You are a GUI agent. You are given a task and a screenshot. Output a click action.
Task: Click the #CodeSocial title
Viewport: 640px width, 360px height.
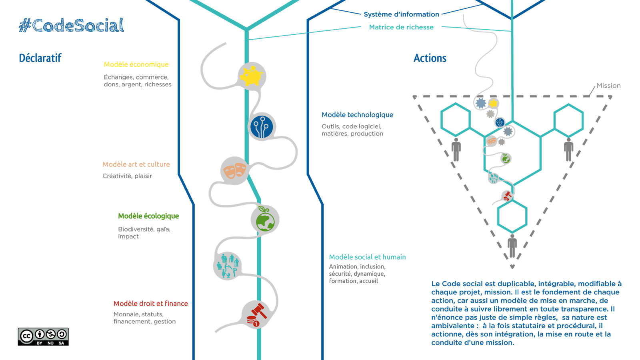[71, 25]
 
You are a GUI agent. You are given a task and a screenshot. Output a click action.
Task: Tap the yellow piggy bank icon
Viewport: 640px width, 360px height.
[252, 76]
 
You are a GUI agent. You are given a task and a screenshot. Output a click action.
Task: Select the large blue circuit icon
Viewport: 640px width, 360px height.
[262, 126]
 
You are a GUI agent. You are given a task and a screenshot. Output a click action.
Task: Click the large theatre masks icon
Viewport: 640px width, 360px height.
[234, 170]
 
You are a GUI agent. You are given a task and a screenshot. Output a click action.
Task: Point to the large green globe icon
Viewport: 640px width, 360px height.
[265, 220]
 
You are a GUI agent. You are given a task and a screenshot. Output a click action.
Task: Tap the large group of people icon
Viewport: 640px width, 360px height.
[228, 266]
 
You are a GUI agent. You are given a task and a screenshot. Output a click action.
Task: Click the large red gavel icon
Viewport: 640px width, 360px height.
[257, 314]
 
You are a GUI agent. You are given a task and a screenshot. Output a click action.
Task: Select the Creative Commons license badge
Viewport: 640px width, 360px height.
[43, 336]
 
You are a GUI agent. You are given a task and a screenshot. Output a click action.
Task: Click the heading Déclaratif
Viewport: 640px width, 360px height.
[40, 58]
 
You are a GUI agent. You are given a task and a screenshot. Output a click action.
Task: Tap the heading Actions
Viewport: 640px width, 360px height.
[430, 58]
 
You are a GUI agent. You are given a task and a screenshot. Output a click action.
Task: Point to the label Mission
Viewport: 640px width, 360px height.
[608, 86]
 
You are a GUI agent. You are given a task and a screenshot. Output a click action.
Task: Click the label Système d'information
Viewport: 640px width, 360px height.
[401, 14]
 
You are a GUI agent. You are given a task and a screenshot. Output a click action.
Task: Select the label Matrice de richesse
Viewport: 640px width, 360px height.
[401, 27]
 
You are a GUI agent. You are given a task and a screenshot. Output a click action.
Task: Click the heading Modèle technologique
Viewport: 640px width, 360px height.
[357, 114]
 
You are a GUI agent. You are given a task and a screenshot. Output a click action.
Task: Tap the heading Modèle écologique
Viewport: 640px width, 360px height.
[148, 216]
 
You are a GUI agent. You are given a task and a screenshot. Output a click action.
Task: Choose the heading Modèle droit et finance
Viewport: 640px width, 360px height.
[150, 304]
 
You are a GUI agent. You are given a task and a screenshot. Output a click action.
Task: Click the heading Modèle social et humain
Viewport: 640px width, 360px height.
[367, 257]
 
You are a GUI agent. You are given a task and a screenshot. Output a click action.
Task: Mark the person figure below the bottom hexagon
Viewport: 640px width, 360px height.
[512, 246]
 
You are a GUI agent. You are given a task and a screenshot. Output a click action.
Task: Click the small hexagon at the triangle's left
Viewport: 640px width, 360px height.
[456, 119]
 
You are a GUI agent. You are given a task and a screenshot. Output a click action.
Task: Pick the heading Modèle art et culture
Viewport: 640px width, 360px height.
[136, 164]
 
